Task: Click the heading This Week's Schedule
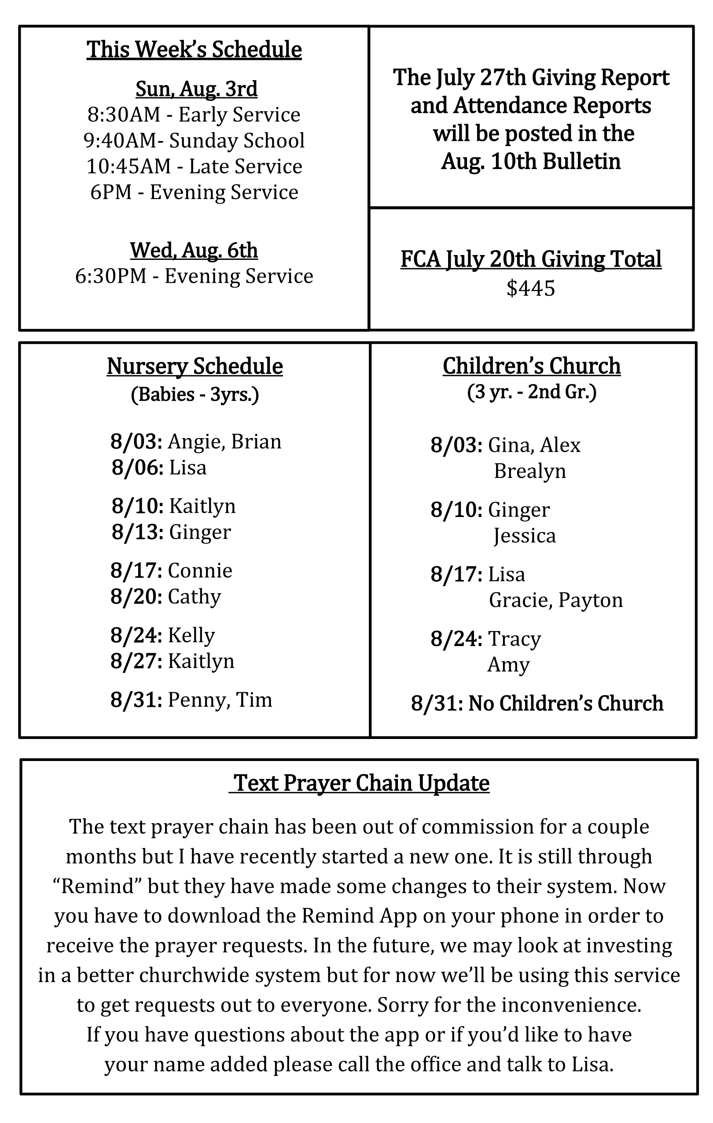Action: point(194,49)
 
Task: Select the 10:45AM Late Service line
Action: point(194,166)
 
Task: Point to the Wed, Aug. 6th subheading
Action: point(194,251)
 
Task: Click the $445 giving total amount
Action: point(531,288)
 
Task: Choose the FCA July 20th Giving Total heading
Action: point(531,259)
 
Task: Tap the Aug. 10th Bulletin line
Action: point(531,161)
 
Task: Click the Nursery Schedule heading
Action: point(195,366)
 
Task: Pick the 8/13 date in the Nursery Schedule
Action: point(137,532)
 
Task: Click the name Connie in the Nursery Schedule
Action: point(200,571)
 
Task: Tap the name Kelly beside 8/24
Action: point(191,635)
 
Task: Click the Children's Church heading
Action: point(531,366)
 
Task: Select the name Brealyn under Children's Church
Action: point(530,471)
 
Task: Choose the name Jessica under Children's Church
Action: point(525,536)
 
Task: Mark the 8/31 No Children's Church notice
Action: point(537,703)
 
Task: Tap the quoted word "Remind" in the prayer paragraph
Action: point(97,886)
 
